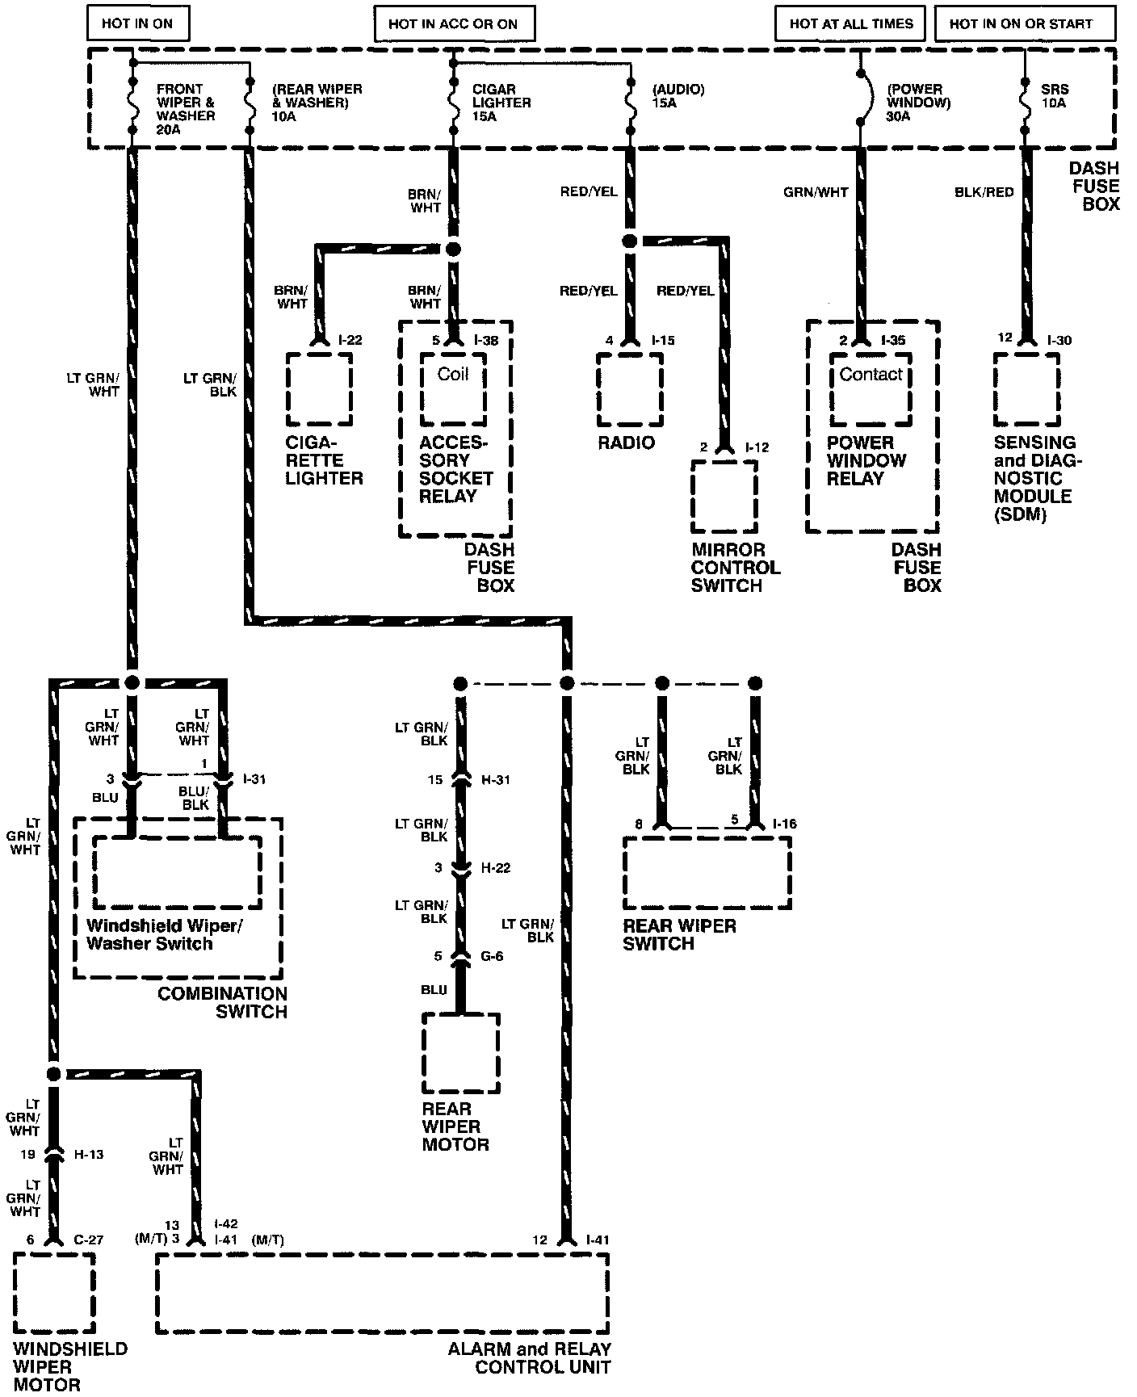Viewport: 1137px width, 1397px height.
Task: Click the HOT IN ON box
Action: pos(137,24)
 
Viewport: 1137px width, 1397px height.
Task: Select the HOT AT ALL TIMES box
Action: pos(851,24)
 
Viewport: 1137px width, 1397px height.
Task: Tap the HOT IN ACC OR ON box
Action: pos(453,24)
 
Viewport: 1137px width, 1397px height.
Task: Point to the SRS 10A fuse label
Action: pos(1054,96)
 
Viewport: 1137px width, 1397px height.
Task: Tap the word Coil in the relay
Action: pos(453,374)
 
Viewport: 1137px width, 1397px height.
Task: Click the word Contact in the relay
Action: pos(871,374)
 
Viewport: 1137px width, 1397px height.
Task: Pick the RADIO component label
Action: pos(627,443)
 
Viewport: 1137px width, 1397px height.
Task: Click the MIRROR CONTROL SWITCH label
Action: pos(735,567)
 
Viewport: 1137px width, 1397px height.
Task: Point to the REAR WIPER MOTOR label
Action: pos(455,1126)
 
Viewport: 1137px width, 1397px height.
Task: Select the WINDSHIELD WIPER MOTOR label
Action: pos(70,1366)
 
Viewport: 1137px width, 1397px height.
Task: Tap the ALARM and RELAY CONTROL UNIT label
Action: pos(530,1358)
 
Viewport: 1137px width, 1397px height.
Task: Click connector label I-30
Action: pos(1058,340)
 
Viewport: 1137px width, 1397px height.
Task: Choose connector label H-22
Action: pos(496,868)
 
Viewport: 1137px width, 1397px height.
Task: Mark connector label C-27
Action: pos(89,1240)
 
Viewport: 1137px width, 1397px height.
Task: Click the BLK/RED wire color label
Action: pos(984,192)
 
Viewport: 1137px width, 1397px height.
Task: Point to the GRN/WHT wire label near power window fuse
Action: pos(816,192)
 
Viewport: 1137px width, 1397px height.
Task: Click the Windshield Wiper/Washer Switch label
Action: pos(164,934)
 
